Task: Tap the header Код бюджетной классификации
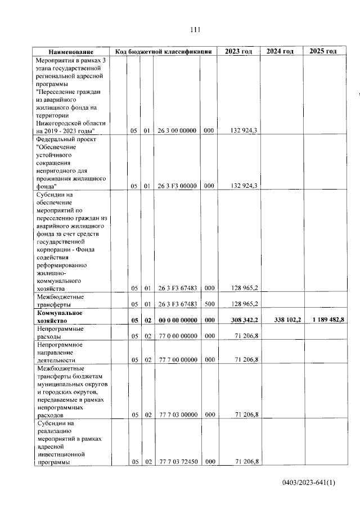click(163, 51)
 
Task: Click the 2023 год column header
click(238, 51)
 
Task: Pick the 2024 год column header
click(280, 51)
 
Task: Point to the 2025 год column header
click(323, 51)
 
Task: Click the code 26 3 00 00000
click(177, 130)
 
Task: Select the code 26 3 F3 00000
click(177, 185)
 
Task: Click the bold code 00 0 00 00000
click(177, 320)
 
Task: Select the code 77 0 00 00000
click(177, 336)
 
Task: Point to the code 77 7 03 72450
click(177, 462)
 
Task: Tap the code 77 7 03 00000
click(177, 415)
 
